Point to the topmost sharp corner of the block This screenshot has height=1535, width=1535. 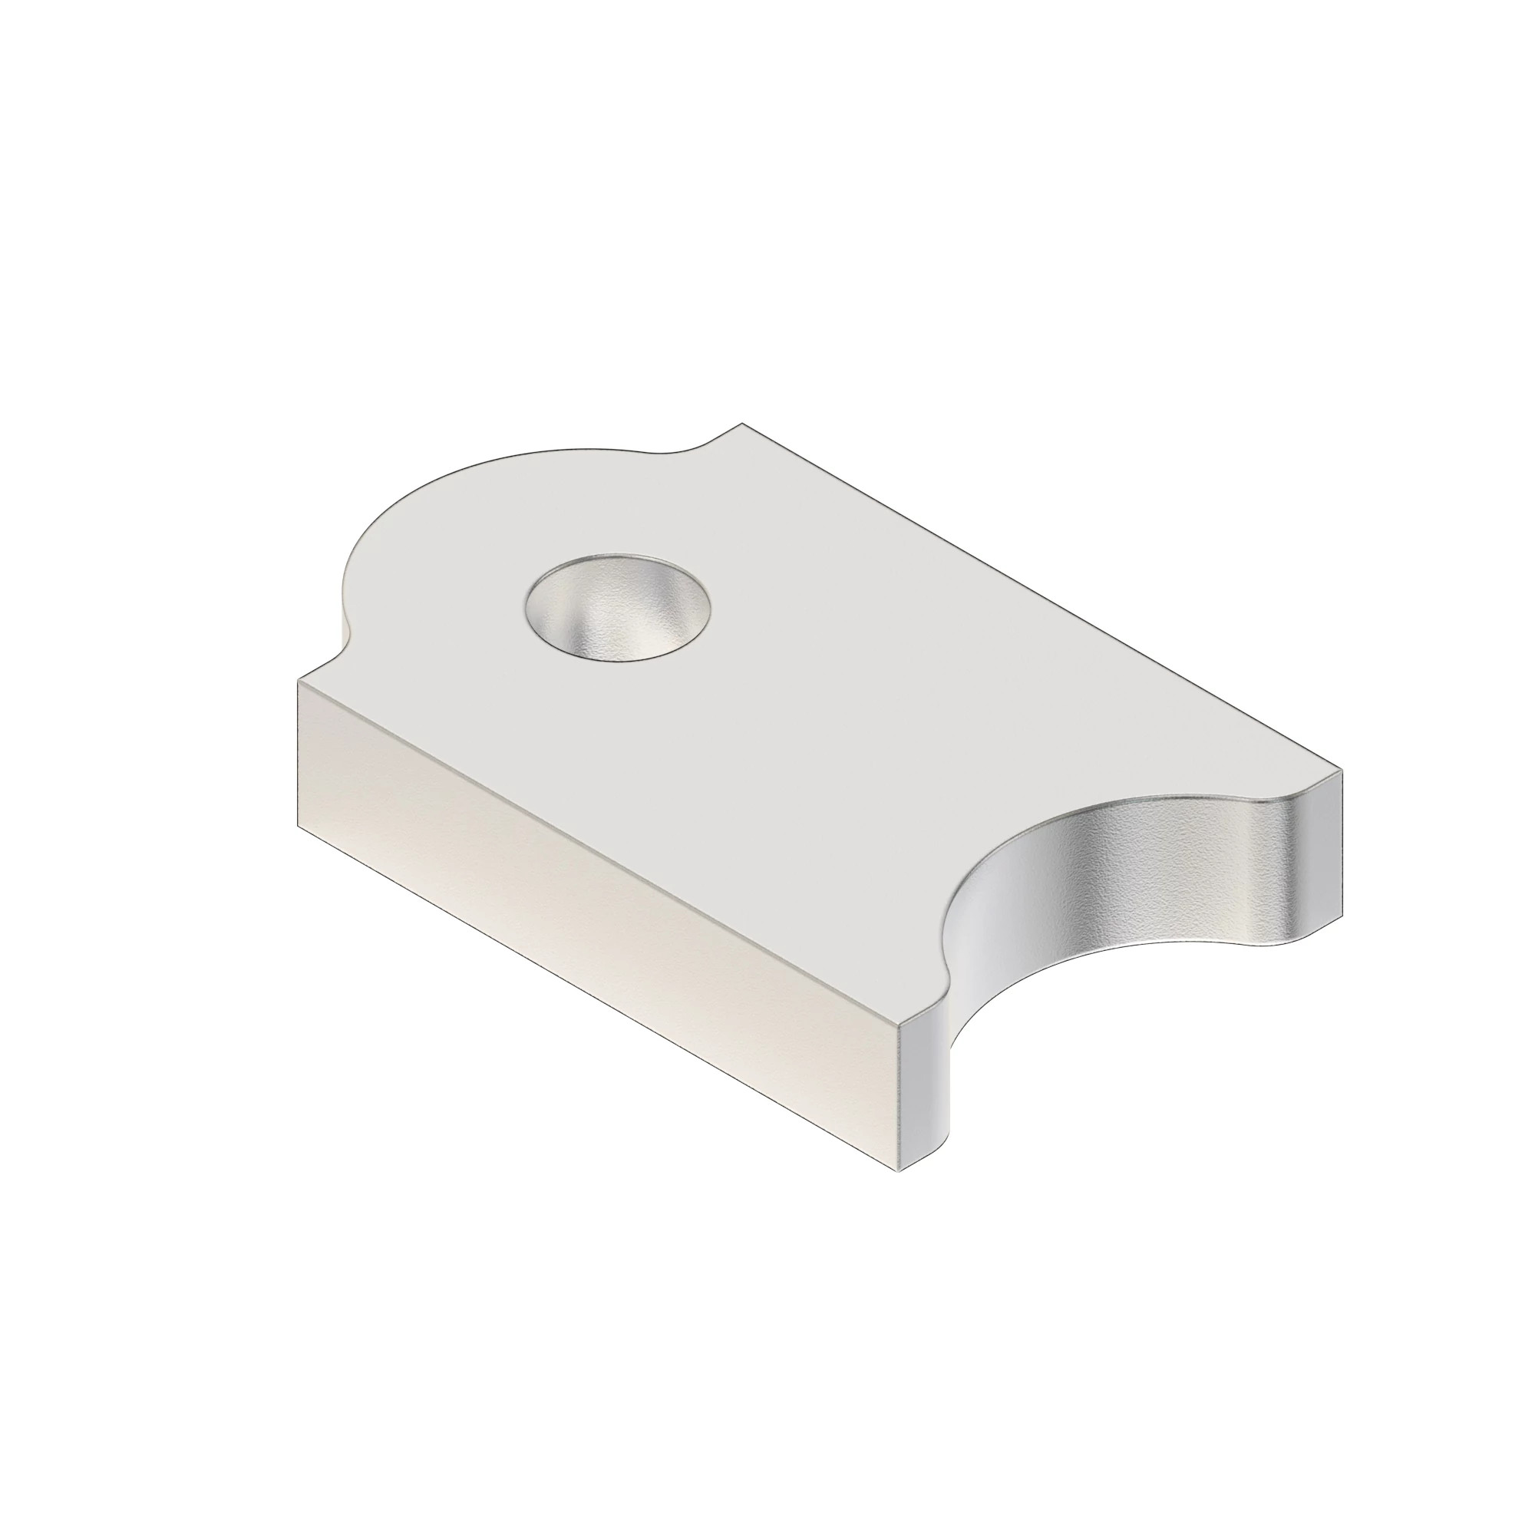click(742, 424)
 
